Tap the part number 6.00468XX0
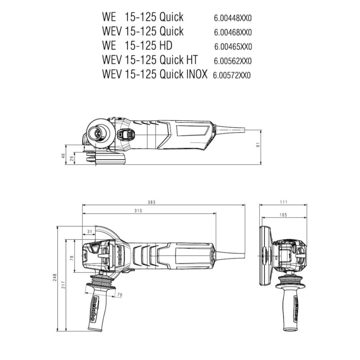point(233,33)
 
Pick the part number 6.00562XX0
point(233,61)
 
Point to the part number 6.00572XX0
point(232,75)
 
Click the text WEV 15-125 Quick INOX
point(154,75)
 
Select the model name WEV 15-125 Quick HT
point(150,60)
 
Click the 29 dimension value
point(72,159)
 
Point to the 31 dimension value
point(89,231)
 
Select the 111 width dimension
point(284,202)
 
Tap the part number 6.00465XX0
point(233,47)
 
